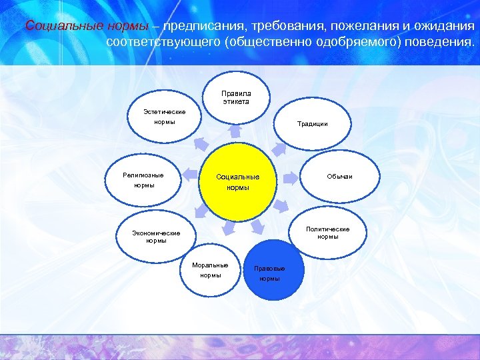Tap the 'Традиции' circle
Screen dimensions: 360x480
[x=312, y=124]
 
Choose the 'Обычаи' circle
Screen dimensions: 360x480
[x=339, y=176]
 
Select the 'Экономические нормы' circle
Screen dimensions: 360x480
[x=156, y=237]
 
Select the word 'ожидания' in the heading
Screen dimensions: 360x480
[x=444, y=27]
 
